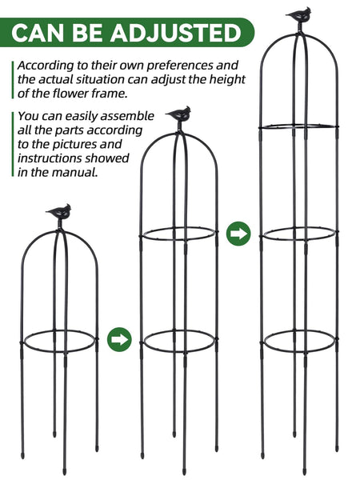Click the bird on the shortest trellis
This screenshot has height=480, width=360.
[x=58, y=212]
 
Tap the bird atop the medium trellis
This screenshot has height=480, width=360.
[x=178, y=114]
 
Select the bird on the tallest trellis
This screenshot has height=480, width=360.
[x=298, y=15]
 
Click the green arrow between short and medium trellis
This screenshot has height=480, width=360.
[x=118, y=338]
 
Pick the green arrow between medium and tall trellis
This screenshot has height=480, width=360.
[x=238, y=234]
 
